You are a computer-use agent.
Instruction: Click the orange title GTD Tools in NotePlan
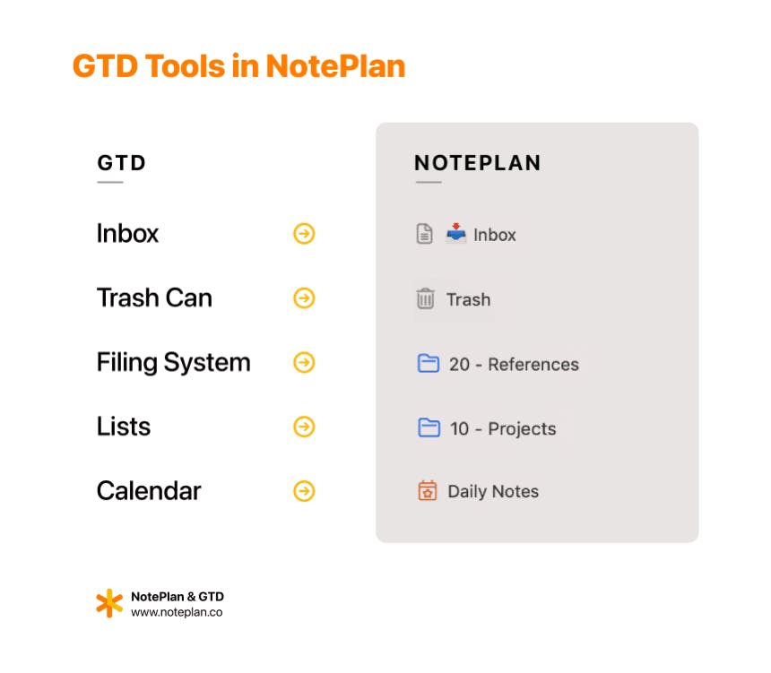238,66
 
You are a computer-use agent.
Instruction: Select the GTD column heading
121,163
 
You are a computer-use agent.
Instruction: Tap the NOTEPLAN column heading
477,163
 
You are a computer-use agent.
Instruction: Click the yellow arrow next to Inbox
305,234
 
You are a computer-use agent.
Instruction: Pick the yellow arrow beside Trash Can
305,298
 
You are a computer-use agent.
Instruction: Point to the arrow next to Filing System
305,363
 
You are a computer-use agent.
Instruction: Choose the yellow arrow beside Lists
305,427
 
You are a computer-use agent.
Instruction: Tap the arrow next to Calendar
305,491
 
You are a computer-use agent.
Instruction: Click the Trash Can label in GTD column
154,298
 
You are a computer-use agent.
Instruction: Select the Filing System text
173,363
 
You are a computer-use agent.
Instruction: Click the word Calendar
149,491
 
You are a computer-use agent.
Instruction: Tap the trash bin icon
426,299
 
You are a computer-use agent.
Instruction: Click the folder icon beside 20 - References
429,364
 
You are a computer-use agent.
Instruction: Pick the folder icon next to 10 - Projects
429,428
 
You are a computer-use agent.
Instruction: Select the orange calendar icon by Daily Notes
428,491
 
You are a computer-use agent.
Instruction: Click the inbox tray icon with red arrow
456,234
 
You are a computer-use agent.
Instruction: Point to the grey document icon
425,235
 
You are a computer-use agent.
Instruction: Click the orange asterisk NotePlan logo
108,604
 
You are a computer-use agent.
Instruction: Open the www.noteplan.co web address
177,613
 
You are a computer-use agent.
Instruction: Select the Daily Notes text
493,492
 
